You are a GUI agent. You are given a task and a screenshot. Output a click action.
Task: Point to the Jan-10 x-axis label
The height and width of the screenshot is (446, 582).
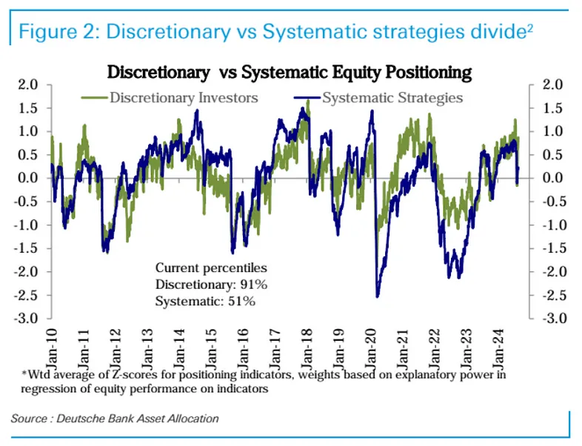point(52,345)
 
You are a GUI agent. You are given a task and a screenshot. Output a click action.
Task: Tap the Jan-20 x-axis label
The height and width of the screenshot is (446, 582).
point(374,345)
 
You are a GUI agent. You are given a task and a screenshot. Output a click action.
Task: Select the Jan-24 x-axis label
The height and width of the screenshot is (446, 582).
point(503,345)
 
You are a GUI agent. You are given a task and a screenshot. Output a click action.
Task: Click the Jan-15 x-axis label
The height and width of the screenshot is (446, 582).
point(213,345)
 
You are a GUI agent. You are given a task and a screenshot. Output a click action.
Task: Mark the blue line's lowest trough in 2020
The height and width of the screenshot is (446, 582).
point(378,296)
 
